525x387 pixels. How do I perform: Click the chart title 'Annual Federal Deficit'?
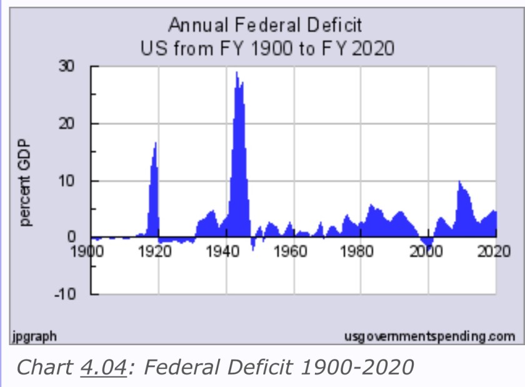point(265,26)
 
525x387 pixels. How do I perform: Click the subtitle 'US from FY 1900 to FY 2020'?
point(265,48)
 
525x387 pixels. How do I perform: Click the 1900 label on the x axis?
point(86,252)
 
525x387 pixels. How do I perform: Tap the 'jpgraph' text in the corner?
point(34,336)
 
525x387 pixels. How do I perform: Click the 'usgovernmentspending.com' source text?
point(430,337)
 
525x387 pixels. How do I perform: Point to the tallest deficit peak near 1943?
point(237,73)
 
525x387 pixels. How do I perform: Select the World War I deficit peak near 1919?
point(155,144)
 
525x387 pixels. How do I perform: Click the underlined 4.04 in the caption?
point(104,366)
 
